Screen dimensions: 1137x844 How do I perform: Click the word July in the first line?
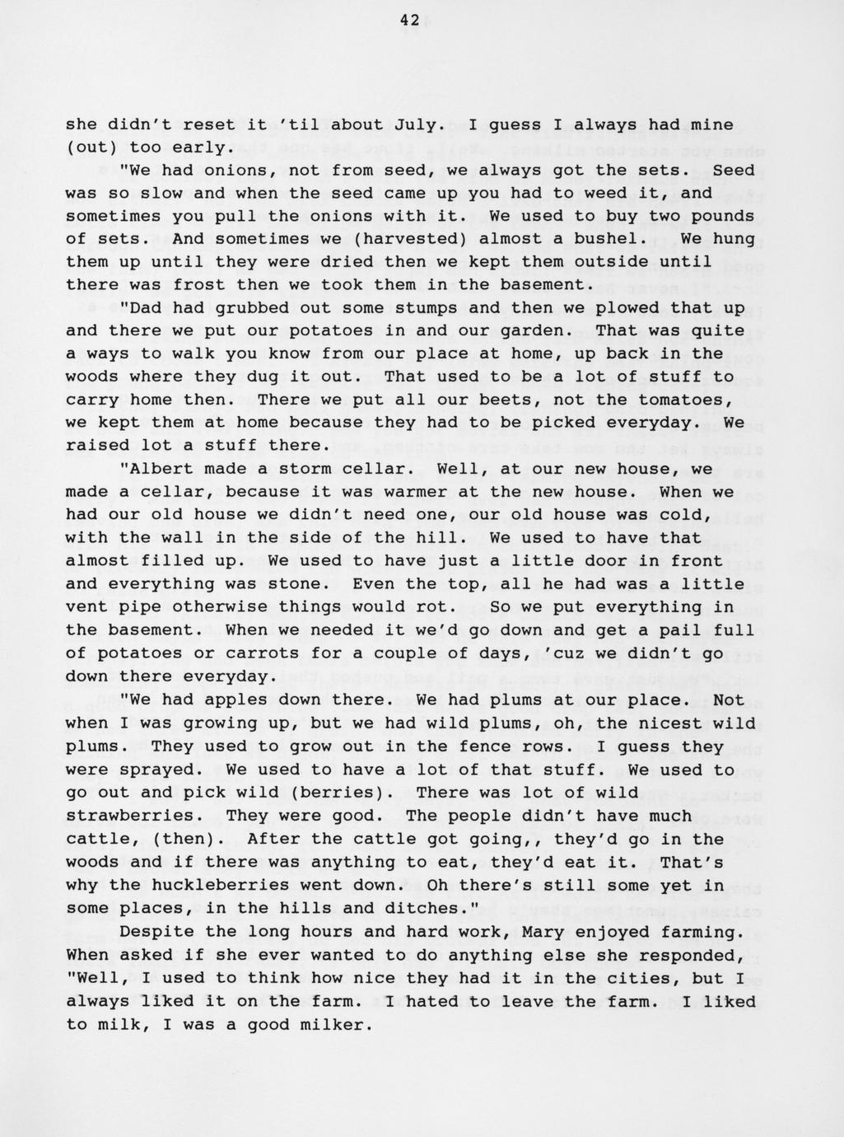click(419, 125)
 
